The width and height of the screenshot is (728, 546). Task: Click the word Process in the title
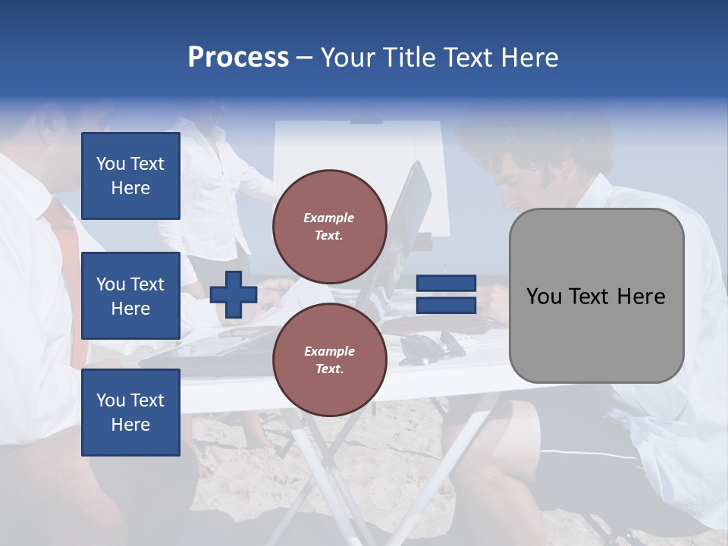coord(238,58)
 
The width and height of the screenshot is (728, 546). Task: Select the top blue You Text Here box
coord(130,176)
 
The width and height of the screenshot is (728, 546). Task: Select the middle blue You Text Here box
coord(130,296)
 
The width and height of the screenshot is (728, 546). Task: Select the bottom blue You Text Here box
coord(130,412)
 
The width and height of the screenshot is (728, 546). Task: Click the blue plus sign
coord(234,294)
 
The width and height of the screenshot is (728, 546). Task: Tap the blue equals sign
coord(446,294)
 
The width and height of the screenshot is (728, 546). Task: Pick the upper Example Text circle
coord(329,226)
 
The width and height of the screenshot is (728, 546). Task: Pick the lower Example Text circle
coord(329,359)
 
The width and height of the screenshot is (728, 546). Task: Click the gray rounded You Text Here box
coord(596,296)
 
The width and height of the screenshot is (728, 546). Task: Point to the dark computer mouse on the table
coord(422,347)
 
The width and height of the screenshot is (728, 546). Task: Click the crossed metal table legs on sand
coord(318,470)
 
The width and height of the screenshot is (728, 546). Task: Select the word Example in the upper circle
coord(329,218)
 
